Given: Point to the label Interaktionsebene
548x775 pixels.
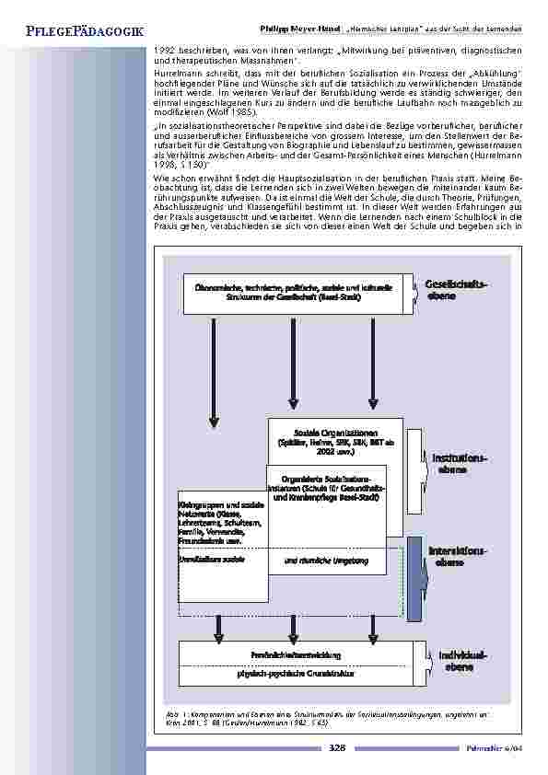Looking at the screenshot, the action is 458,555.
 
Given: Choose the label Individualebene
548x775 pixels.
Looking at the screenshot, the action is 459,660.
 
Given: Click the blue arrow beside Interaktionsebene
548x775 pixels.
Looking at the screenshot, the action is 414,577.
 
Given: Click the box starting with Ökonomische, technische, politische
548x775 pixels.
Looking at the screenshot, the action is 293,292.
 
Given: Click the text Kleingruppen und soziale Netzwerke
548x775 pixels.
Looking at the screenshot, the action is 217,522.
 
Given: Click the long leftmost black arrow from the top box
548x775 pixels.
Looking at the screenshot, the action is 214,368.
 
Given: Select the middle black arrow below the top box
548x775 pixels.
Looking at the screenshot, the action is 293,359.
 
